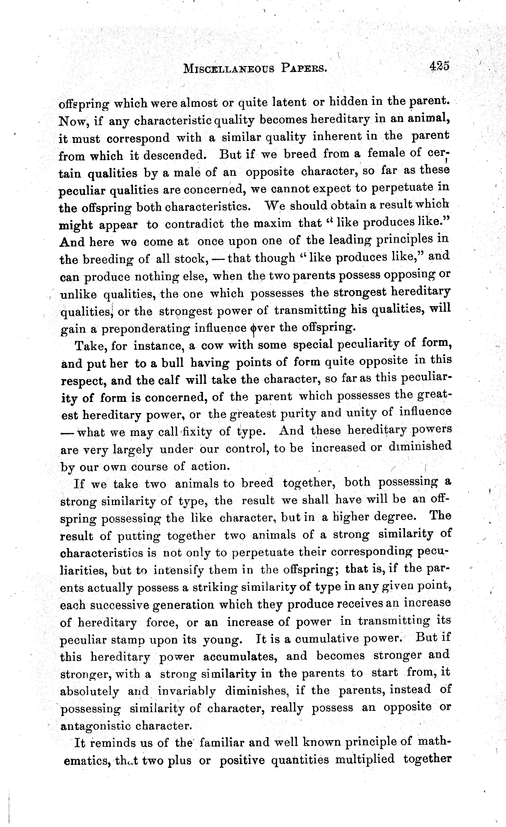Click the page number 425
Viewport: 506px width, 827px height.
[439, 67]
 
